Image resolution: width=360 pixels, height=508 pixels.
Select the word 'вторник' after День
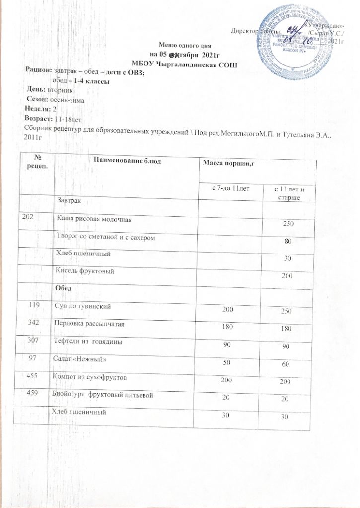point(60,91)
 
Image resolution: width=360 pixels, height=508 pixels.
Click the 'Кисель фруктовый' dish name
point(82,271)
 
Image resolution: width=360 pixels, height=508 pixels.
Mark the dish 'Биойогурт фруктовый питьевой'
point(106,395)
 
